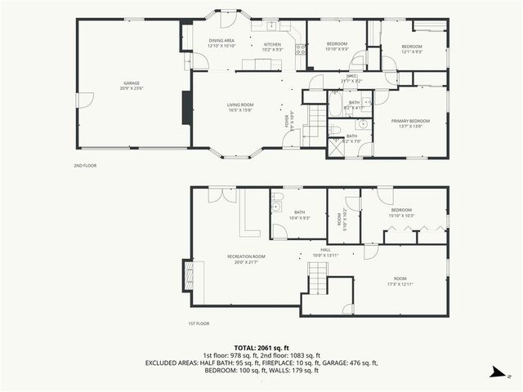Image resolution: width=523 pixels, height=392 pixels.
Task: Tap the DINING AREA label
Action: pyautogui.click(x=221, y=42)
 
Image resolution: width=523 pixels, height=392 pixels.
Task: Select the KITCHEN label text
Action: pyautogui.click(x=272, y=47)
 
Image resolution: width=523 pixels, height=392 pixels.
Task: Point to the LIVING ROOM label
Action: pyautogui.click(x=240, y=107)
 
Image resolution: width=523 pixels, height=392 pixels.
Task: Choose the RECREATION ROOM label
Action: pyautogui.click(x=246, y=259)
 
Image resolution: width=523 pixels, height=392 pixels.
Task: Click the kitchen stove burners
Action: pyautogui.click(x=301, y=50)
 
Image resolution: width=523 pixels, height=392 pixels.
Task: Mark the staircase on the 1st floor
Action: pyautogui.click(x=317, y=284)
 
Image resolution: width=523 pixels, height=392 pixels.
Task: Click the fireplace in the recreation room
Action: pyautogui.click(x=187, y=273)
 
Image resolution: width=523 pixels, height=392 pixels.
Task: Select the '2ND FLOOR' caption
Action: pyautogui.click(x=85, y=165)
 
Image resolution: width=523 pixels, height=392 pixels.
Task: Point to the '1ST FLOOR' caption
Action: pyautogui.click(x=198, y=323)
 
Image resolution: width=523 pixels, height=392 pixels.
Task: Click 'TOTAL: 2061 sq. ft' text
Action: pyautogui.click(x=261, y=347)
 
